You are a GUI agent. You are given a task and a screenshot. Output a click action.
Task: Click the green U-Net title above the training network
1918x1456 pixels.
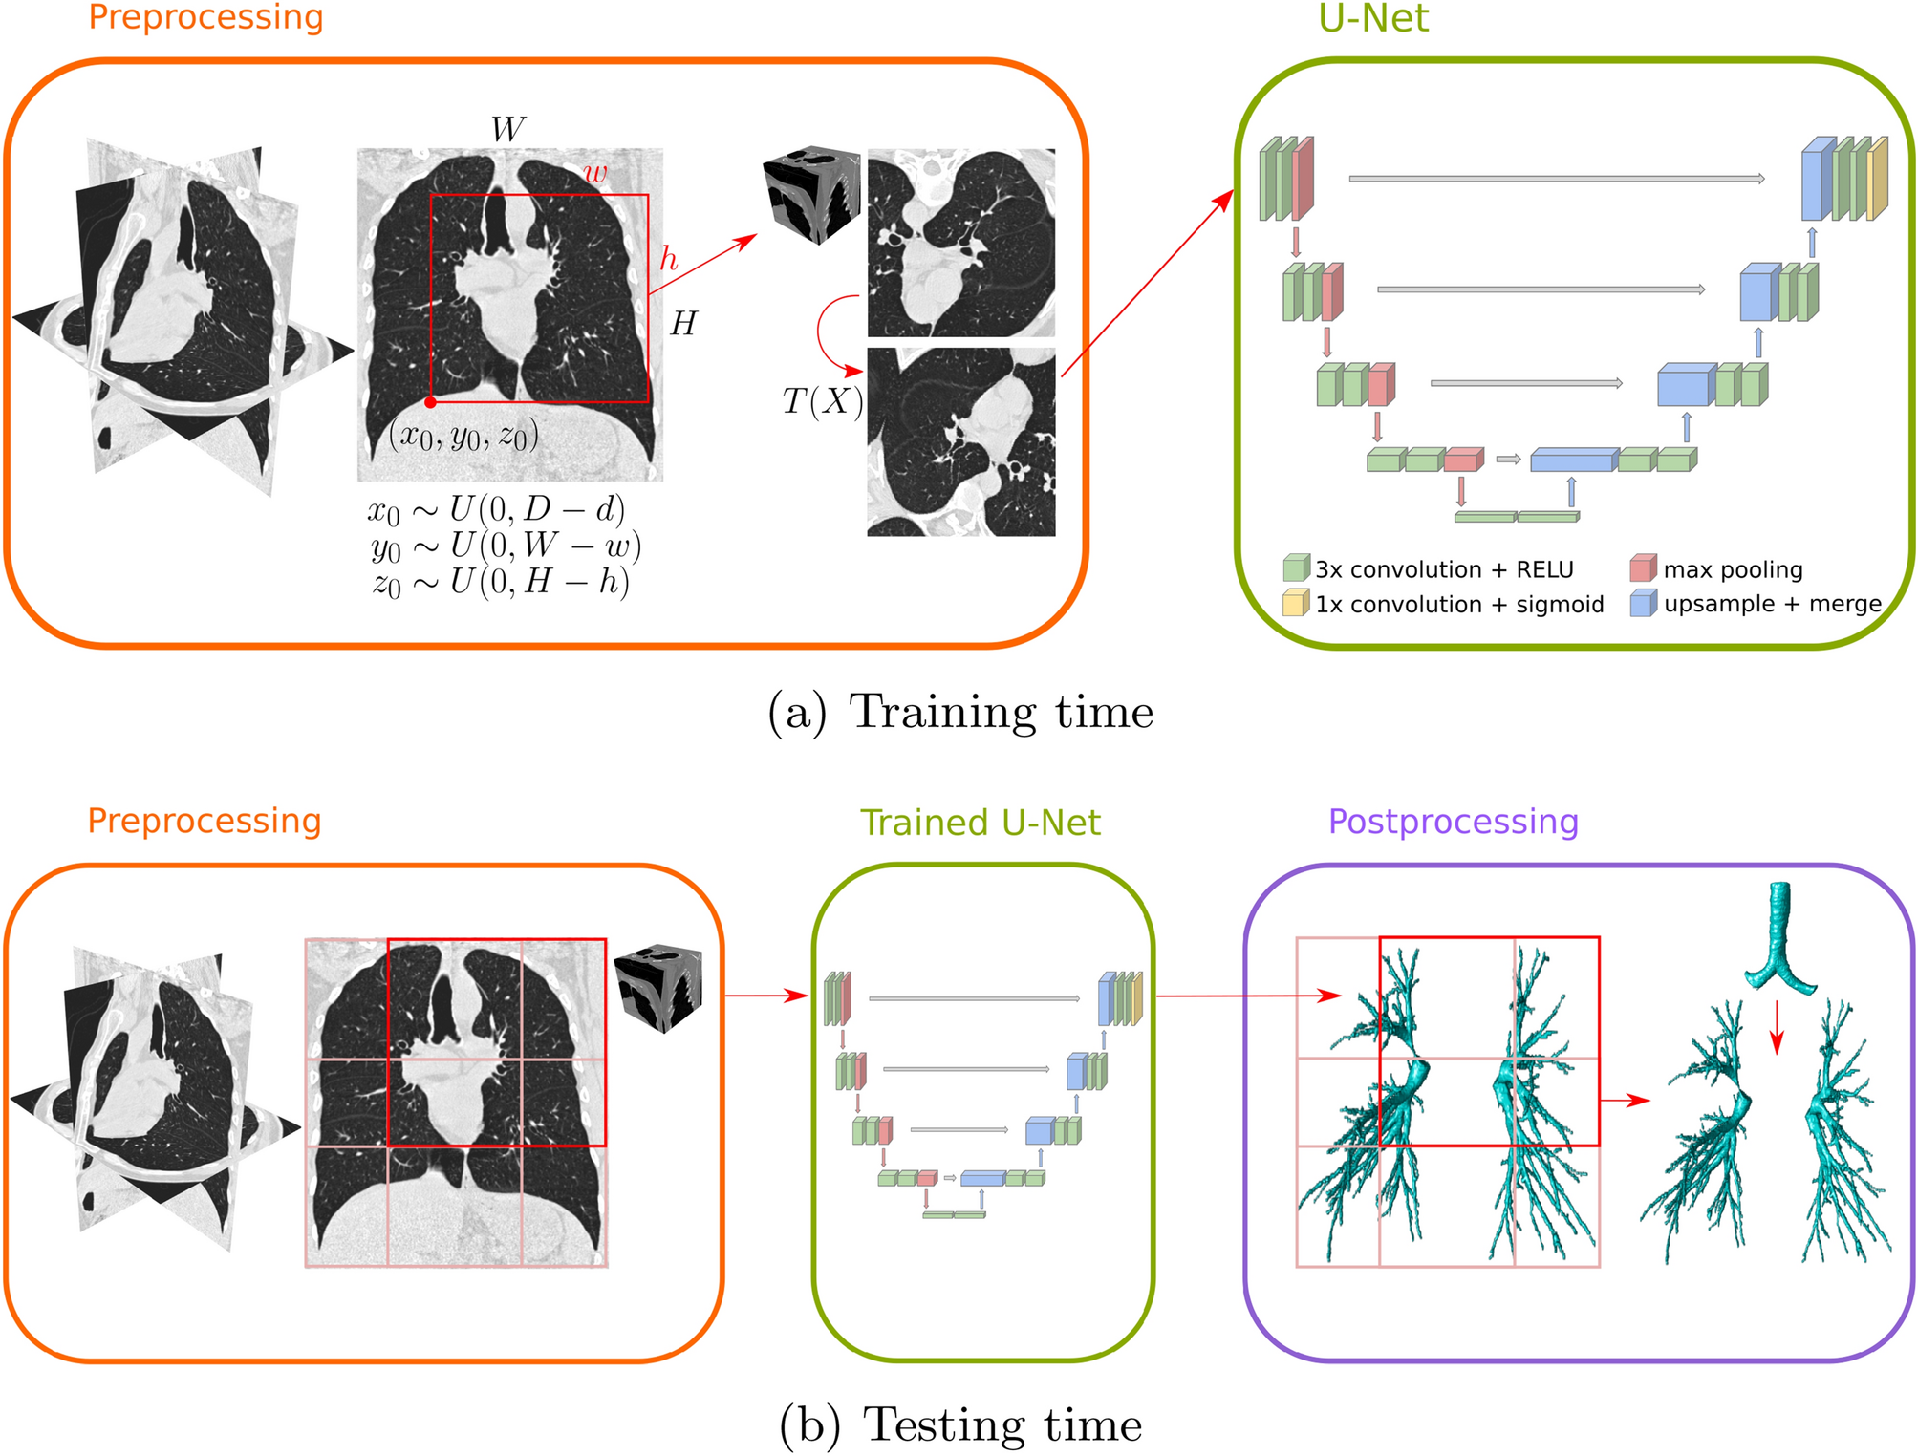[x=1372, y=18]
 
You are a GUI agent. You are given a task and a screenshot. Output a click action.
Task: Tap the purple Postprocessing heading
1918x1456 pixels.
[x=1453, y=822]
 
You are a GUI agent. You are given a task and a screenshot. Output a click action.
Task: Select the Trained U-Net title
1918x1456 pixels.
[x=980, y=823]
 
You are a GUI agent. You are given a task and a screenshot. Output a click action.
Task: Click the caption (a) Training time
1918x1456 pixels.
[x=960, y=712]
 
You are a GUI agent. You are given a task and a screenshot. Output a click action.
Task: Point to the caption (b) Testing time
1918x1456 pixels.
[x=960, y=1424]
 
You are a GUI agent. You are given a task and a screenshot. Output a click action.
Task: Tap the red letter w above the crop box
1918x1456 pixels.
[x=594, y=173]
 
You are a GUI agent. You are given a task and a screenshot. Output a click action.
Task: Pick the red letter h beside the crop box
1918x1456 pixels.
[x=669, y=258]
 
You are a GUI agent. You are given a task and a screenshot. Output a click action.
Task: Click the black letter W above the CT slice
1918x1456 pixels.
[x=507, y=129]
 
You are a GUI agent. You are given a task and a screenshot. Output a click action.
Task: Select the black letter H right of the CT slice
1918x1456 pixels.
[x=683, y=325]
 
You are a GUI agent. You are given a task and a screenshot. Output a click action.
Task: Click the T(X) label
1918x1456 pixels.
[x=822, y=401]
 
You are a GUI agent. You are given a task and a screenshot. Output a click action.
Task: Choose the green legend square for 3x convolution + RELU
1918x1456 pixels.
[x=1296, y=568]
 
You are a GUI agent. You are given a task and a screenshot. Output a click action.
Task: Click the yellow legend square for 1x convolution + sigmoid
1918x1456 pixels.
[x=1296, y=603]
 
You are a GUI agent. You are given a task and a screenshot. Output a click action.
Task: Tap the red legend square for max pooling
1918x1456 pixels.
[x=1643, y=568]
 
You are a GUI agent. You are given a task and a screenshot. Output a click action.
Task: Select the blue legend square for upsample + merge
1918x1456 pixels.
[x=1643, y=603]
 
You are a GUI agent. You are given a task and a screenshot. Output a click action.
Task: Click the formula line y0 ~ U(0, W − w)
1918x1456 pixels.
[x=506, y=546]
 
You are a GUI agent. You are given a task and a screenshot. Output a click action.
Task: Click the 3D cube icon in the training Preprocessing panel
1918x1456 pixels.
[x=811, y=194]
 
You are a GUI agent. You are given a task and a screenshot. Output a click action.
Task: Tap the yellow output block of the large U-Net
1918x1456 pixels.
[x=1878, y=179]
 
